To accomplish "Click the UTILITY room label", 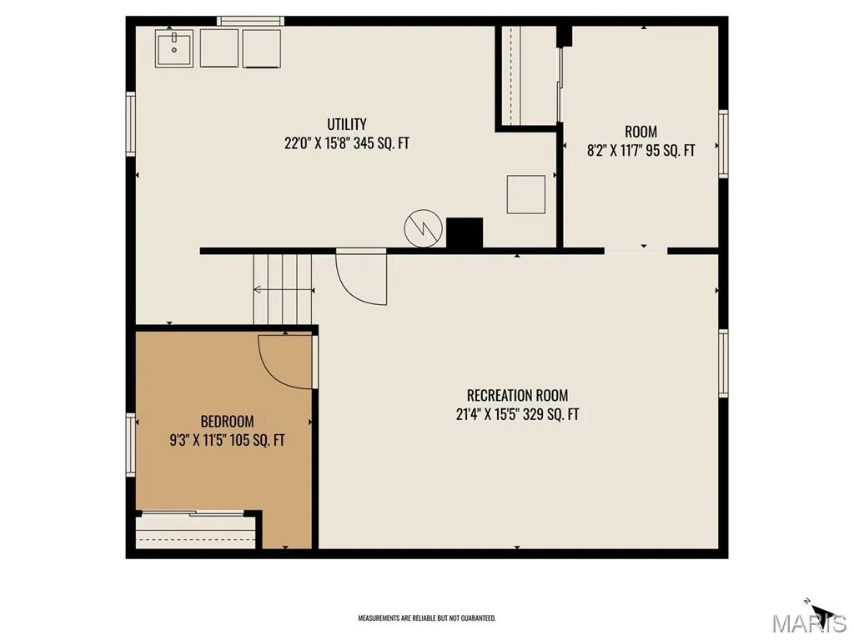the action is pos(346,124).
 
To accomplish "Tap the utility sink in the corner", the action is pos(174,48).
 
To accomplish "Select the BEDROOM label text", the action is pos(227,421).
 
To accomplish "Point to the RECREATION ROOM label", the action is pos(517,395).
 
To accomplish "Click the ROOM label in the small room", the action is pos(640,132).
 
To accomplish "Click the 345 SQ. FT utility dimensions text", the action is pos(381,143).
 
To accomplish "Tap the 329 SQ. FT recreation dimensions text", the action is pos(550,415).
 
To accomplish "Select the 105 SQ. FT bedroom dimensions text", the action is pos(257,440).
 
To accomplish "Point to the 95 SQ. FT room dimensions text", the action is pos(671,150).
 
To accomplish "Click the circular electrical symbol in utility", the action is pos(423,228).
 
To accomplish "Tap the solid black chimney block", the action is pos(465,233).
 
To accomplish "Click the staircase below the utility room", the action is pos(283,289).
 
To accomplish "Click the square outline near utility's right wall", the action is pos(526,194).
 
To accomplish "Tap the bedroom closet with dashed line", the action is pos(195,531).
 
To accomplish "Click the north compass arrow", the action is pos(823,611).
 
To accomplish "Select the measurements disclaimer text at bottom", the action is pos(427,618).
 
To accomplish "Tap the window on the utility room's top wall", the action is pos(250,21).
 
